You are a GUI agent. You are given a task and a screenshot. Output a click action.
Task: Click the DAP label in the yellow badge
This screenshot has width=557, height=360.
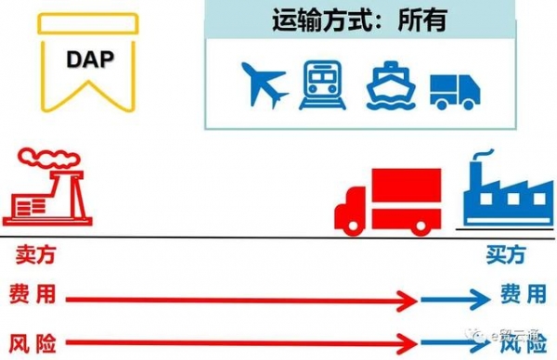click(x=89, y=58)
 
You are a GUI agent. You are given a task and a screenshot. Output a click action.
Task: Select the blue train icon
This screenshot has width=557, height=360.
click(x=322, y=84)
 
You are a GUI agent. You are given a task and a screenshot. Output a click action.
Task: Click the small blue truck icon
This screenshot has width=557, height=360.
click(x=456, y=88)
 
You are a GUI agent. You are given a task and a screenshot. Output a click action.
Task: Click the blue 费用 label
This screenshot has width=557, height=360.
click(x=523, y=295)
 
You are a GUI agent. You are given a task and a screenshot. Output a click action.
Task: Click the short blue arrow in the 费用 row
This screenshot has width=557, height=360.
click(x=455, y=299)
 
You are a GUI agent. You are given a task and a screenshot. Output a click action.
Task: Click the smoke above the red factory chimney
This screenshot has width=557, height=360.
click(x=40, y=159)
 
